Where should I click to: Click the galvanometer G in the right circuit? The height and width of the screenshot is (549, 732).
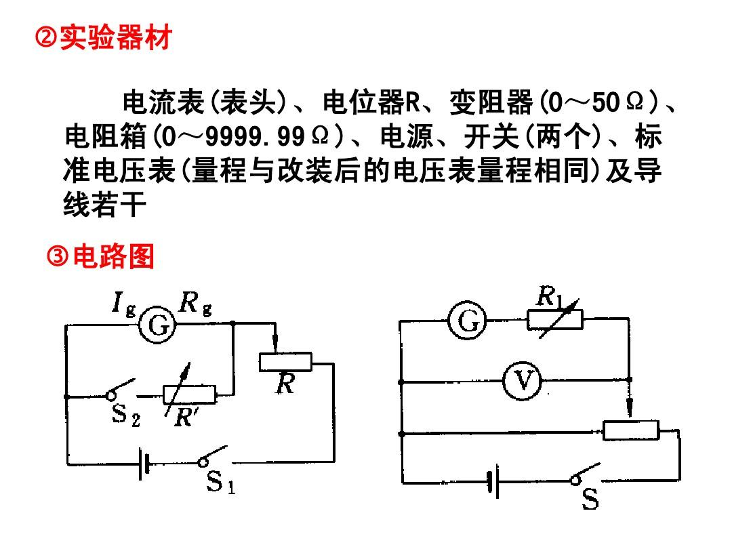[467, 321]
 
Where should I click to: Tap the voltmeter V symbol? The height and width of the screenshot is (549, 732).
[522, 380]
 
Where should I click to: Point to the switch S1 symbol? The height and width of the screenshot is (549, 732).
[212, 456]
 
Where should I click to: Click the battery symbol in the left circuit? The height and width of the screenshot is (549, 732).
[144, 464]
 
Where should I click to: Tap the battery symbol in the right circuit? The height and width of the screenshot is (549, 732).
[493, 481]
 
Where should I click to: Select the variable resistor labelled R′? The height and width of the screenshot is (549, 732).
[189, 394]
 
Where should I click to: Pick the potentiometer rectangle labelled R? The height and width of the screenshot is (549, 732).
[285, 362]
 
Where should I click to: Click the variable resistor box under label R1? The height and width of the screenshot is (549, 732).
[554, 319]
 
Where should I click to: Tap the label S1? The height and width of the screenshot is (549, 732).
[221, 482]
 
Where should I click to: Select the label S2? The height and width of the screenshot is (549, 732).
[126, 415]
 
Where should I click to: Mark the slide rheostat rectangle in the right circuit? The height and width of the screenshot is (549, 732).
[631, 430]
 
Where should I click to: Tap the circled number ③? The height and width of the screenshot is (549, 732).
[58, 256]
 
